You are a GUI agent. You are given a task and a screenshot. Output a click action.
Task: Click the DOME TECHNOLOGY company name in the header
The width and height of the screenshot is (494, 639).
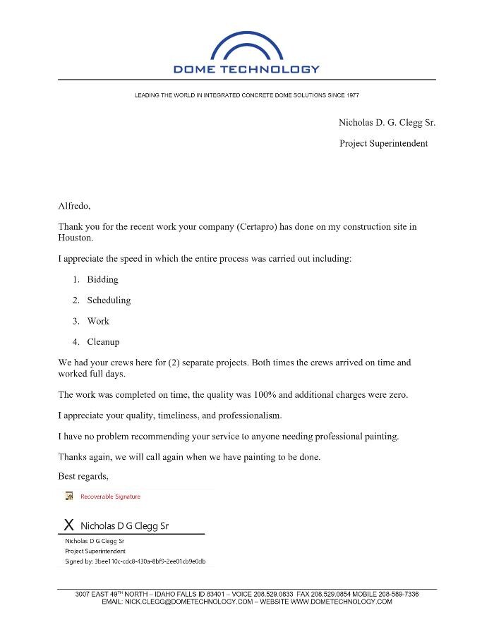pyautogui.click(x=246, y=69)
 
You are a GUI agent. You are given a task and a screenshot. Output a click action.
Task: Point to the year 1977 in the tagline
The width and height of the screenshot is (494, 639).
pyautogui.click(x=351, y=95)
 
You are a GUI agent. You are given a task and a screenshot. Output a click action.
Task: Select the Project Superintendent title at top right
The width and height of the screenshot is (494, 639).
pyautogui.click(x=383, y=143)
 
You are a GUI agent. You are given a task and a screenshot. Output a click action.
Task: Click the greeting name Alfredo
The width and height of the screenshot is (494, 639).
pyautogui.click(x=74, y=207)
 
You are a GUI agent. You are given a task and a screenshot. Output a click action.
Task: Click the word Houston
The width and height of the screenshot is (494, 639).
pyautogui.click(x=75, y=238)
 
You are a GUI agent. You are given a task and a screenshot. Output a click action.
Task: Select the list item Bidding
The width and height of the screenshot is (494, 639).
pyautogui.click(x=102, y=280)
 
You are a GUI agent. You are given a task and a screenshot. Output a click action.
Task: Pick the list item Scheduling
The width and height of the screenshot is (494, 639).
pyautogui.click(x=109, y=300)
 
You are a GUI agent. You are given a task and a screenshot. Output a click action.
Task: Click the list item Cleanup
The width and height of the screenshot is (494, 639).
pyautogui.click(x=103, y=342)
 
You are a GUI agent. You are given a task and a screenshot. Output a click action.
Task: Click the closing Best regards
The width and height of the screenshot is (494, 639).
pyautogui.click(x=83, y=476)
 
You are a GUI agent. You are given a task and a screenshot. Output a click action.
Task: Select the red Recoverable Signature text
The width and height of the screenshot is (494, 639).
pyautogui.click(x=110, y=497)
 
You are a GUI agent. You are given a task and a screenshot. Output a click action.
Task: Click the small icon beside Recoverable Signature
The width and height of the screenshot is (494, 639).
pyautogui.click(x=69, y=497)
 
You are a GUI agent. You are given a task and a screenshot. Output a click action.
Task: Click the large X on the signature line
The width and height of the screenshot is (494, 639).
pyautogui.click(x=68, y=525)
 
